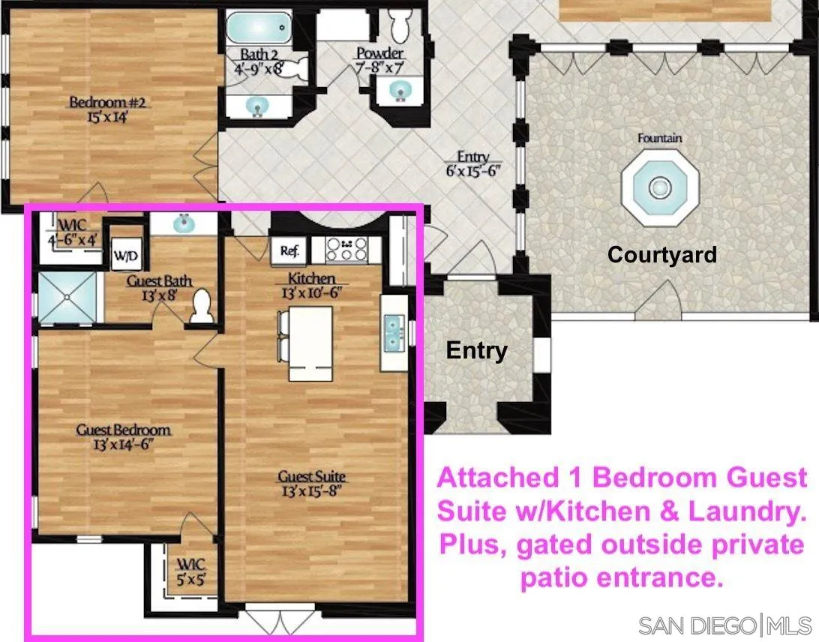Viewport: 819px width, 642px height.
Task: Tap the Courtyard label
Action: pyautogui.click(x=661, y=255)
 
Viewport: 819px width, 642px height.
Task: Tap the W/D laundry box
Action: pyautogui.click(x=125, y=256)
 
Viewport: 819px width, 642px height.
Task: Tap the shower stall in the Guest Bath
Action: pyautogui.click(x=67, y=297)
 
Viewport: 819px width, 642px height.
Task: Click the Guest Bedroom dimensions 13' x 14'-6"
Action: pyautogui.click(x=124, y=443)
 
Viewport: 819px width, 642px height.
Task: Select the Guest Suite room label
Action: pyautogui.click(x=312, y=476)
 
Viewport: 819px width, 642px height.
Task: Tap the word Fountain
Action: pyautogui.click(x=660, y=139)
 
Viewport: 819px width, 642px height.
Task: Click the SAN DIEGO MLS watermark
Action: pyautogui.click(x=724, y=625)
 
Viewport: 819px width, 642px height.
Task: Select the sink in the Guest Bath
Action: pyautogui.click(x=181, y=223)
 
